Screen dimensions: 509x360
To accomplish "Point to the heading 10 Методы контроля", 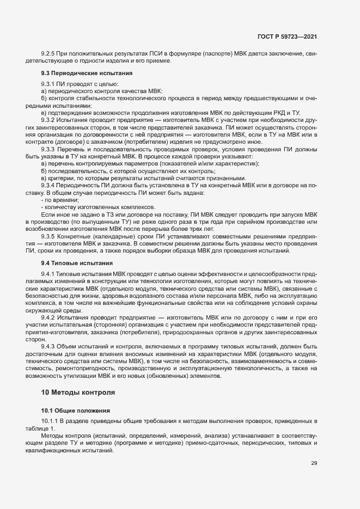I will coord(78,391).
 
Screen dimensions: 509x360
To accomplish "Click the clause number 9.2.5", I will coord(50,53).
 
